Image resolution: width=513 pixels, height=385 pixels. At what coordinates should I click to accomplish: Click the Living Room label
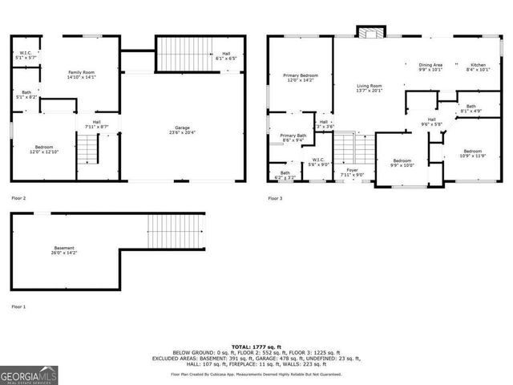click(369, 87)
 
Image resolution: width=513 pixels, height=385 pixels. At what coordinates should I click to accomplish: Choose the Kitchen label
click(478, 67)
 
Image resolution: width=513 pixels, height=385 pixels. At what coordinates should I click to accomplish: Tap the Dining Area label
click(430, 67)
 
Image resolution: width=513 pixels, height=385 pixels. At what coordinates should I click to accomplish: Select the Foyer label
click(352, 172)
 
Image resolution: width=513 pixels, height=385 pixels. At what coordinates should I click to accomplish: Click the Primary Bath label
click(293, 138)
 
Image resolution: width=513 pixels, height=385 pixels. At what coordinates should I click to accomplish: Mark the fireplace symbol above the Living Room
click(370, 33)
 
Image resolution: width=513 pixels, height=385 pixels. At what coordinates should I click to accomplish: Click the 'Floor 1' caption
click(18, 306)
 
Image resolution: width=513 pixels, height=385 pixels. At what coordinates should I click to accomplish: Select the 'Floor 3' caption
click(275, 197)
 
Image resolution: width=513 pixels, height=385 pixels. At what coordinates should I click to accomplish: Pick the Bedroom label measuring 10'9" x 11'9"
click(472, 153)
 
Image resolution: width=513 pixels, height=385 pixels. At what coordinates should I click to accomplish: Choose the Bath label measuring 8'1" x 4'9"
click(471, 108)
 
